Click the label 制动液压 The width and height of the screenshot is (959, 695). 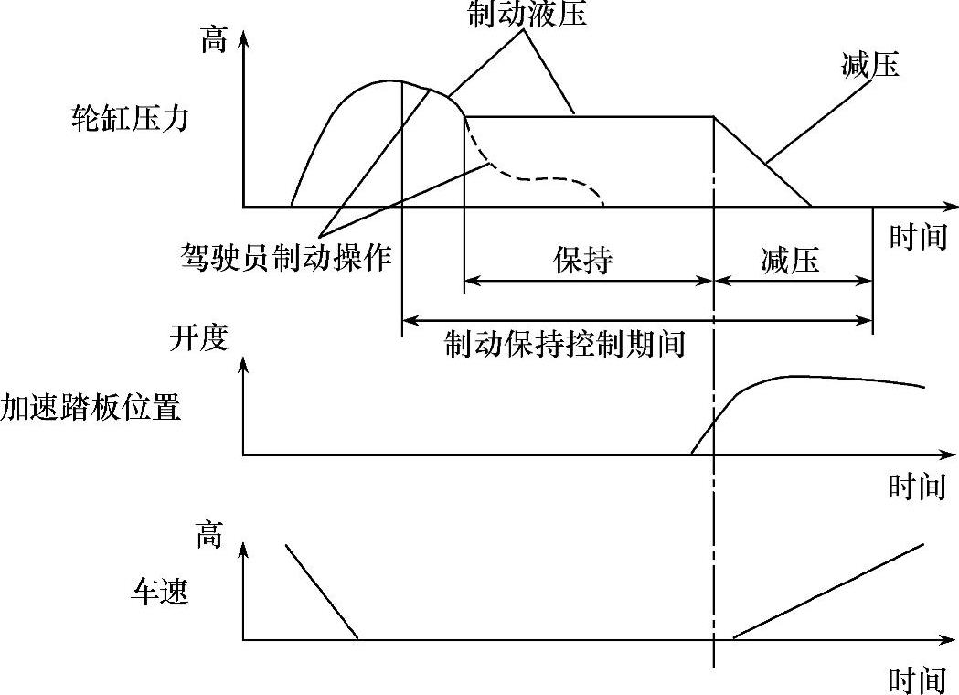[x=526, y=14]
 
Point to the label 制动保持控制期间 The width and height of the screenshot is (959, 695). [x=565, y=345]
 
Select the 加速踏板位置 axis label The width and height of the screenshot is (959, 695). [x=91, y=407]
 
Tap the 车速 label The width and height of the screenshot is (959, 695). [x=158, y=593]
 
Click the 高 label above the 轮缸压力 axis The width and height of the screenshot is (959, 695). [x=212, y=41]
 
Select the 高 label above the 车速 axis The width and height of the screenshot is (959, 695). [x=208, y=536]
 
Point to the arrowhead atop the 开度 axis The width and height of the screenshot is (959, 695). [x=243, y=364]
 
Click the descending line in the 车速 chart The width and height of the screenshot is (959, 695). [x=322, y=592]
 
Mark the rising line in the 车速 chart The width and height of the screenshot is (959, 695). [x=827, y=592]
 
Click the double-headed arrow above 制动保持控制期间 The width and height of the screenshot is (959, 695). [x=637, y=320]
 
